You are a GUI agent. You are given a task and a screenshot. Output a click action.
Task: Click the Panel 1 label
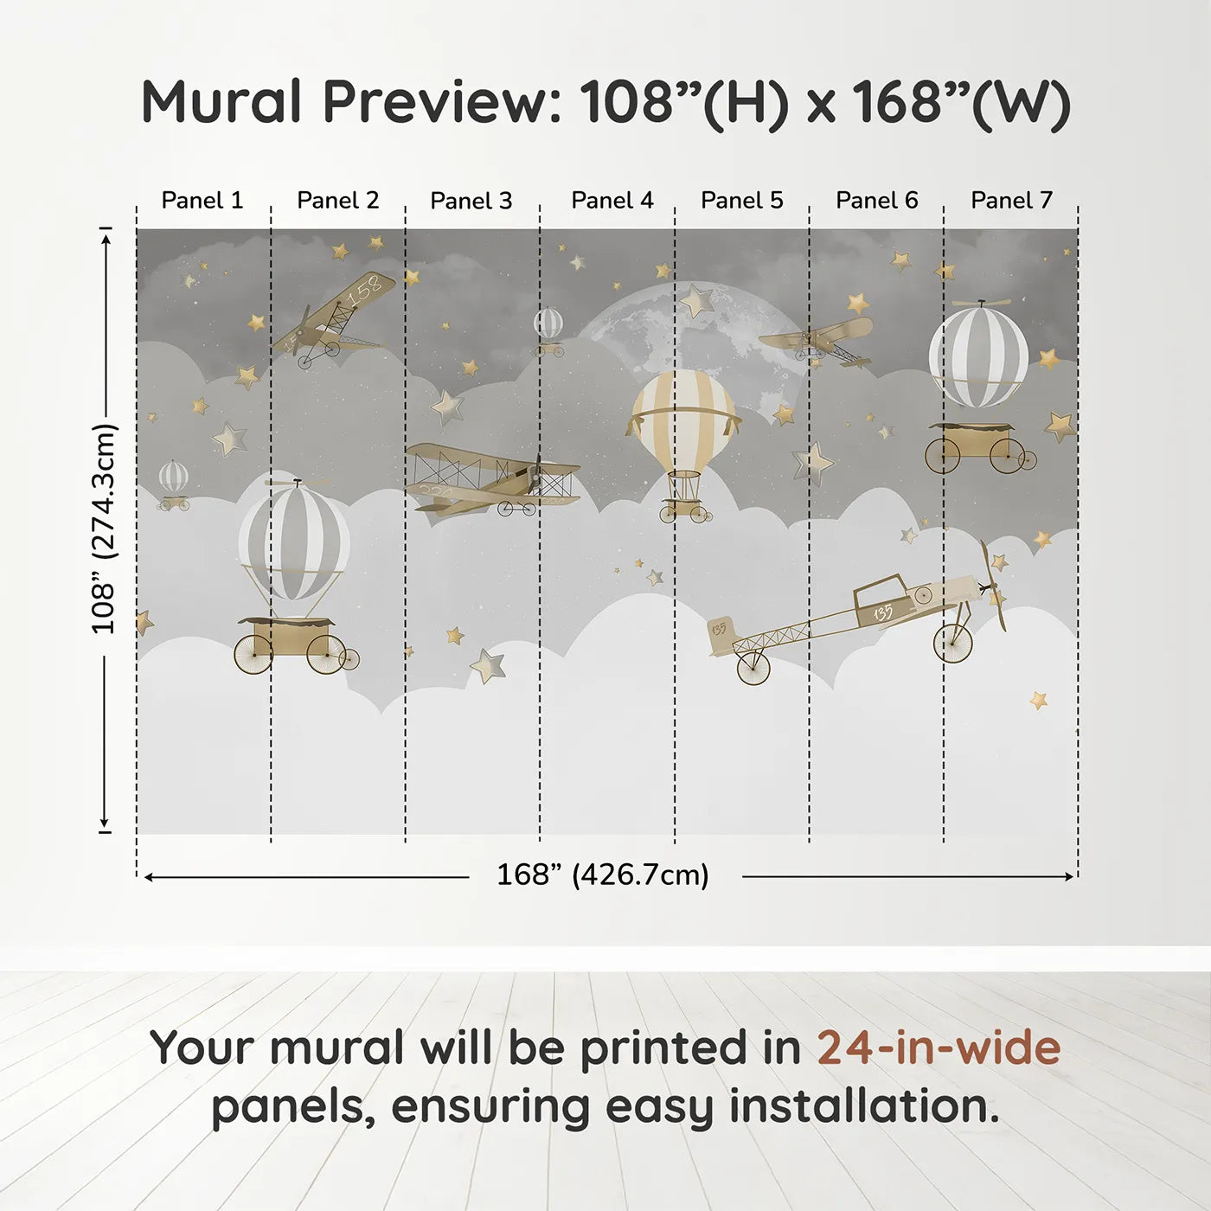tap(202, 200)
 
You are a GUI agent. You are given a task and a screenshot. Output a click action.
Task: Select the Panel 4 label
tap(612, 200)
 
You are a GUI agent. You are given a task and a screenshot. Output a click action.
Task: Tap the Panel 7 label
tap(1011, 200)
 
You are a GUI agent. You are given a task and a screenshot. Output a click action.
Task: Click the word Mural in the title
tap(221, 101)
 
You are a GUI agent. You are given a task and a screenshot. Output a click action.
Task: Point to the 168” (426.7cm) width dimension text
tap(603, 875)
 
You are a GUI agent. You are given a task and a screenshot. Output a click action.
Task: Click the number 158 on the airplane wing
tap(366, 289)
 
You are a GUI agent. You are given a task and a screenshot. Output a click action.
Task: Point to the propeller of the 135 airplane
tap(994, 586)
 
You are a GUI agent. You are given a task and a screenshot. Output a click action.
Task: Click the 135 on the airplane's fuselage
tap(883, 612)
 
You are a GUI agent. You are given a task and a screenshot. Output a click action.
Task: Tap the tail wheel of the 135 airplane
tap(753, 668)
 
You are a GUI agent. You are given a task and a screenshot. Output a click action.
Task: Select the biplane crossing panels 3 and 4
tap(491, 480)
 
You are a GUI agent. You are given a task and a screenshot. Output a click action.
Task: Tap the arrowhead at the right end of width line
tap(1069, 876)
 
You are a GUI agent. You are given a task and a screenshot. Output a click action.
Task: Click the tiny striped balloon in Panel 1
tap(174, 485)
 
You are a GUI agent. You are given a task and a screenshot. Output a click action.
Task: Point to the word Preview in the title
tap(441, 101)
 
